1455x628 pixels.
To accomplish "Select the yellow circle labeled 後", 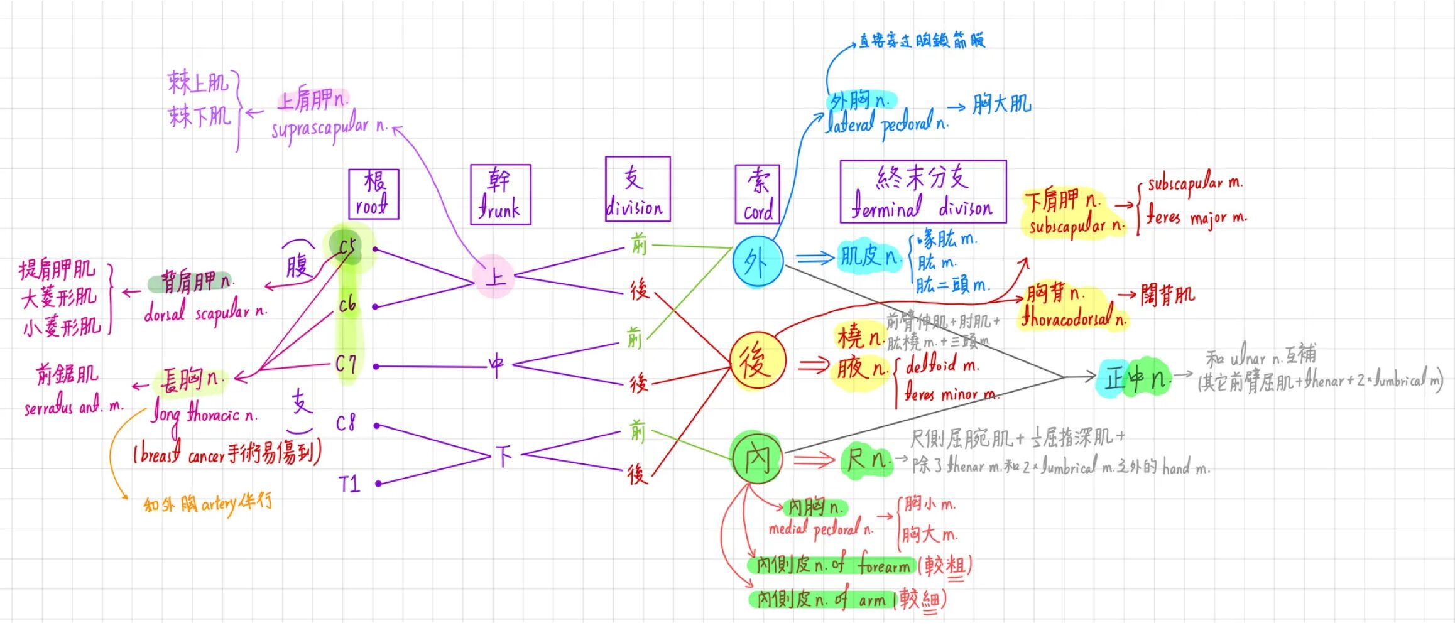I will (x=757, y=361).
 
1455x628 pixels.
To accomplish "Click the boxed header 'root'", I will (x=374, y=193).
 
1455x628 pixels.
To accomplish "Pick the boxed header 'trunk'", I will (x=500, y=194).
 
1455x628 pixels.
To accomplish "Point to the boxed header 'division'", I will (x=637, y=188).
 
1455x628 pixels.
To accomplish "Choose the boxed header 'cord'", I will (x=757, y=194).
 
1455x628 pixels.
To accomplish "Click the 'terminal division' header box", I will (x=922, y=191).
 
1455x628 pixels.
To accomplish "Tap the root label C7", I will (x=346, y=364).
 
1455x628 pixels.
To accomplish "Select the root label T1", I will (x=349, y=484).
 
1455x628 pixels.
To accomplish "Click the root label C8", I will (x=346, y=423).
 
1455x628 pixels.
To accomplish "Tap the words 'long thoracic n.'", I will (x=204, y=414).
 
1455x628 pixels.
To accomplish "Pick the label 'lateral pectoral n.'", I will (x=886, y=124).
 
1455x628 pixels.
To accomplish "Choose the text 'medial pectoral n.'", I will (x=820, y=529).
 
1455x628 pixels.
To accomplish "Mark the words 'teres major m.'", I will (x=1196, y=218).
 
